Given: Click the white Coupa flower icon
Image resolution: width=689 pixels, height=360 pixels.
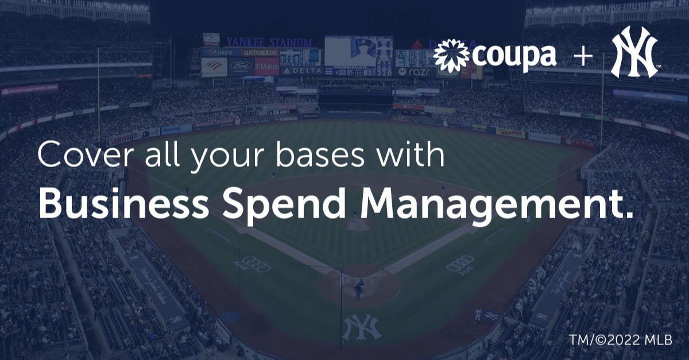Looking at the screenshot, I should click(451, 56).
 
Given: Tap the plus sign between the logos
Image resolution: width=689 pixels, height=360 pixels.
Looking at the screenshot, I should click(582, 57).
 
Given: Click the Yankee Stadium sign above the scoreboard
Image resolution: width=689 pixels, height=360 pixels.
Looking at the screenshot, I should click(268, 42).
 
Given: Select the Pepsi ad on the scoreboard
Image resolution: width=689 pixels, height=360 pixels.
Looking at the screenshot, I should click(221, 52).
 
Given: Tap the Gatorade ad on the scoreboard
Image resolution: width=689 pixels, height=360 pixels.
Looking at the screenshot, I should click(260, 52).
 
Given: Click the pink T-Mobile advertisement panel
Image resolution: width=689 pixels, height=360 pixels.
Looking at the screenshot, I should click(266, 66).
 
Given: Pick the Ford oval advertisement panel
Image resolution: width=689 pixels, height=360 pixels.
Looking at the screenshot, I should click(241, 66).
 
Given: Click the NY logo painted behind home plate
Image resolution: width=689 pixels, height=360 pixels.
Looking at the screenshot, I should click(362, 327).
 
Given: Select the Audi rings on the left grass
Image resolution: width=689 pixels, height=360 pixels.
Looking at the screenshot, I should click(255, 264).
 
